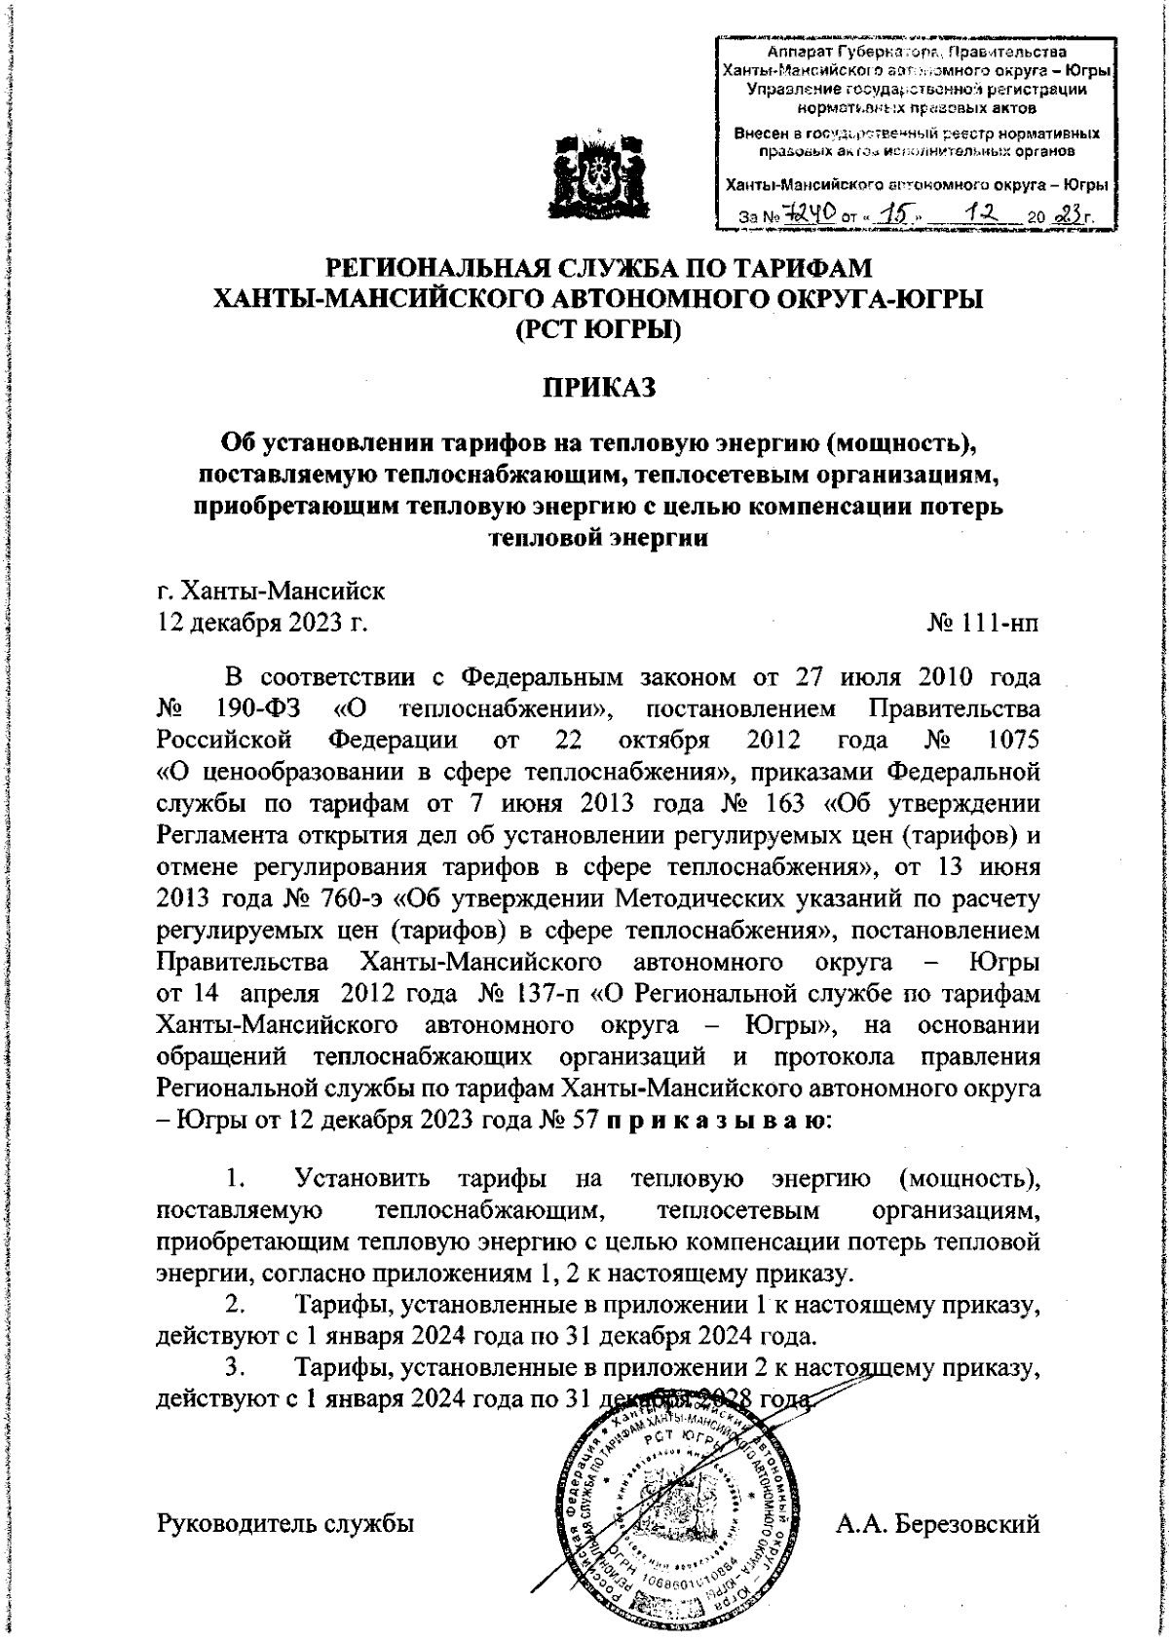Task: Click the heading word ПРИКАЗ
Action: point(600,387)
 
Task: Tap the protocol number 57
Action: point(580,1120)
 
